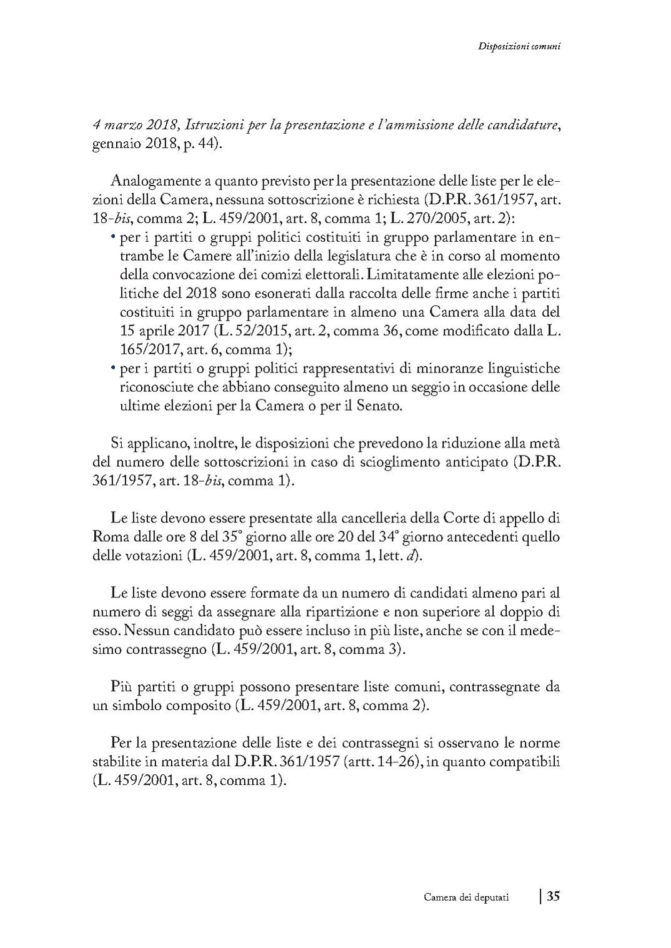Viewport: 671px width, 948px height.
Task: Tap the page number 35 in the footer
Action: pos(553,896)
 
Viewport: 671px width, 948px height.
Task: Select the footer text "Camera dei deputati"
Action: pos(466,897)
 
